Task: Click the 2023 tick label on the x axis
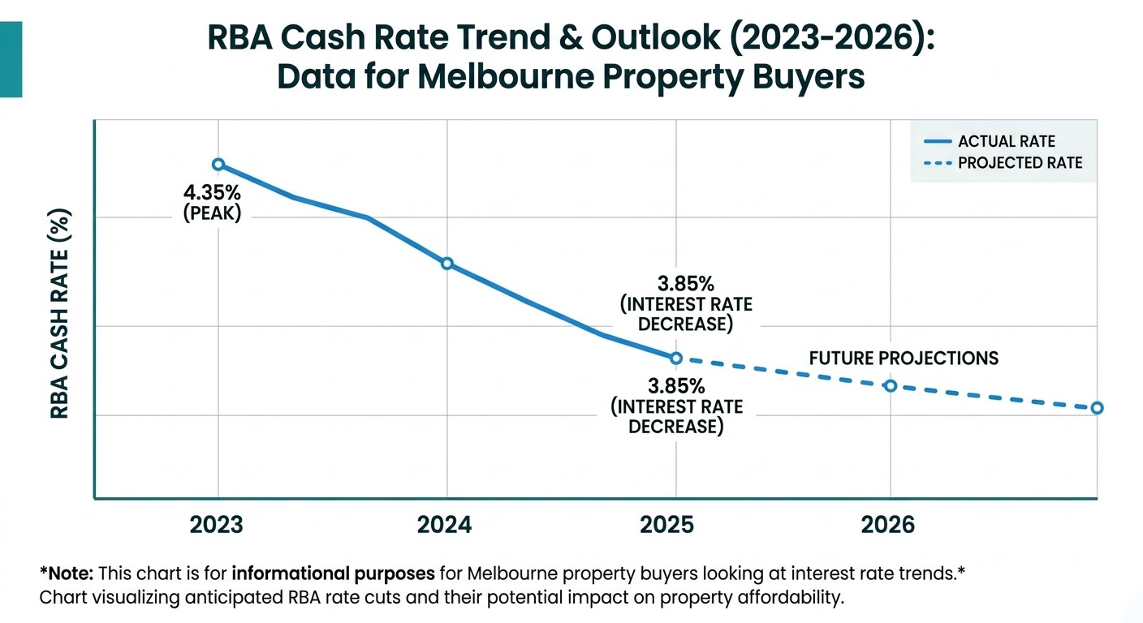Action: coord(216,525)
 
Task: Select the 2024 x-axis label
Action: coord(445,525)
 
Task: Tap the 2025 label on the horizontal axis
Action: coord(667,525)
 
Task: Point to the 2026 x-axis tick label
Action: coord(887,525)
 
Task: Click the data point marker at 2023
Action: coord(218,165)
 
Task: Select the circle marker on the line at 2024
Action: coord(446,264)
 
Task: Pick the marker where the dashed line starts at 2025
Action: coord(675,358)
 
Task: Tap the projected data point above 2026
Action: coord(890,385)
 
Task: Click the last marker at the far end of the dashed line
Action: coord(1097,408)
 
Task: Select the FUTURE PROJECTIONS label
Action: coord(904,359)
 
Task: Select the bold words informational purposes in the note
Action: coord(333,574)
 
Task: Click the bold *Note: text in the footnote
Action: coord(67,574)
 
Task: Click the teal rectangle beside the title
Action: coord(11,60)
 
